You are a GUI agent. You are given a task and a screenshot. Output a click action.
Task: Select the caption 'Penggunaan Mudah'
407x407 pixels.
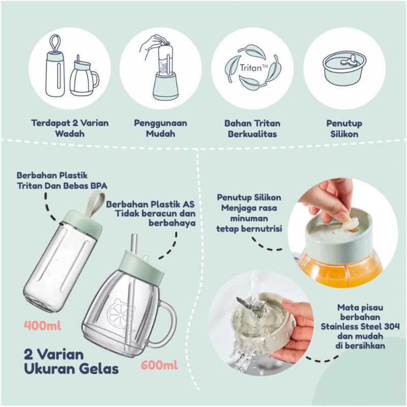tap(160, 129)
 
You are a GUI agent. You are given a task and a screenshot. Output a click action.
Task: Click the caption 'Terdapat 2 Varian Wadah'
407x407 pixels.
tap(70, 129)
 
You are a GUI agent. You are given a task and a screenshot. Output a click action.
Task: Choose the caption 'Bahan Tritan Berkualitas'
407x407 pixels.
tap(252, 129)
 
